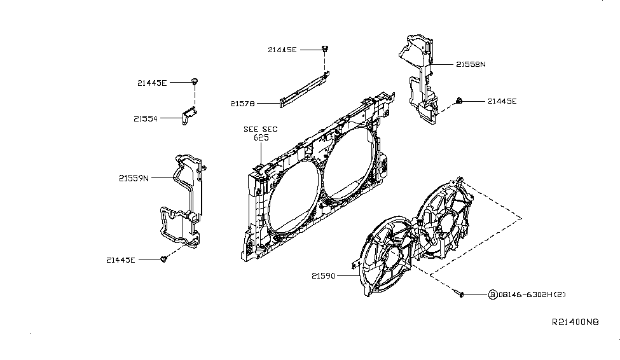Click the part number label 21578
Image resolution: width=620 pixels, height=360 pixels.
243,103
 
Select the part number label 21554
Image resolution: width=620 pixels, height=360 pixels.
146,118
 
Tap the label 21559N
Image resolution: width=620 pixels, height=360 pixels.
133,179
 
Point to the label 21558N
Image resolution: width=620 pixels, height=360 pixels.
470,64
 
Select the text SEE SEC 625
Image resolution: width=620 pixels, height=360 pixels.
261,133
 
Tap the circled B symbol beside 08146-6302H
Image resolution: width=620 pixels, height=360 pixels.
492,294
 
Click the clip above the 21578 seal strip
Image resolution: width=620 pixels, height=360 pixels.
325,48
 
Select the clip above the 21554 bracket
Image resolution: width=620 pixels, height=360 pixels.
194,81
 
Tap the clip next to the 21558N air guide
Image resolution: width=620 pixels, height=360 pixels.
459,100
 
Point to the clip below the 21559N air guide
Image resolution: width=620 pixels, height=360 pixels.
164,259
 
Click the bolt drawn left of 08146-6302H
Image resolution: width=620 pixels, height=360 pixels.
461,294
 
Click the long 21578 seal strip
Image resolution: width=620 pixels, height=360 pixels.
304,89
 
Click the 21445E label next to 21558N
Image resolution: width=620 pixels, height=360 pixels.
502,101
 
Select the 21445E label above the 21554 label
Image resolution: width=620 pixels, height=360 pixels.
151,83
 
